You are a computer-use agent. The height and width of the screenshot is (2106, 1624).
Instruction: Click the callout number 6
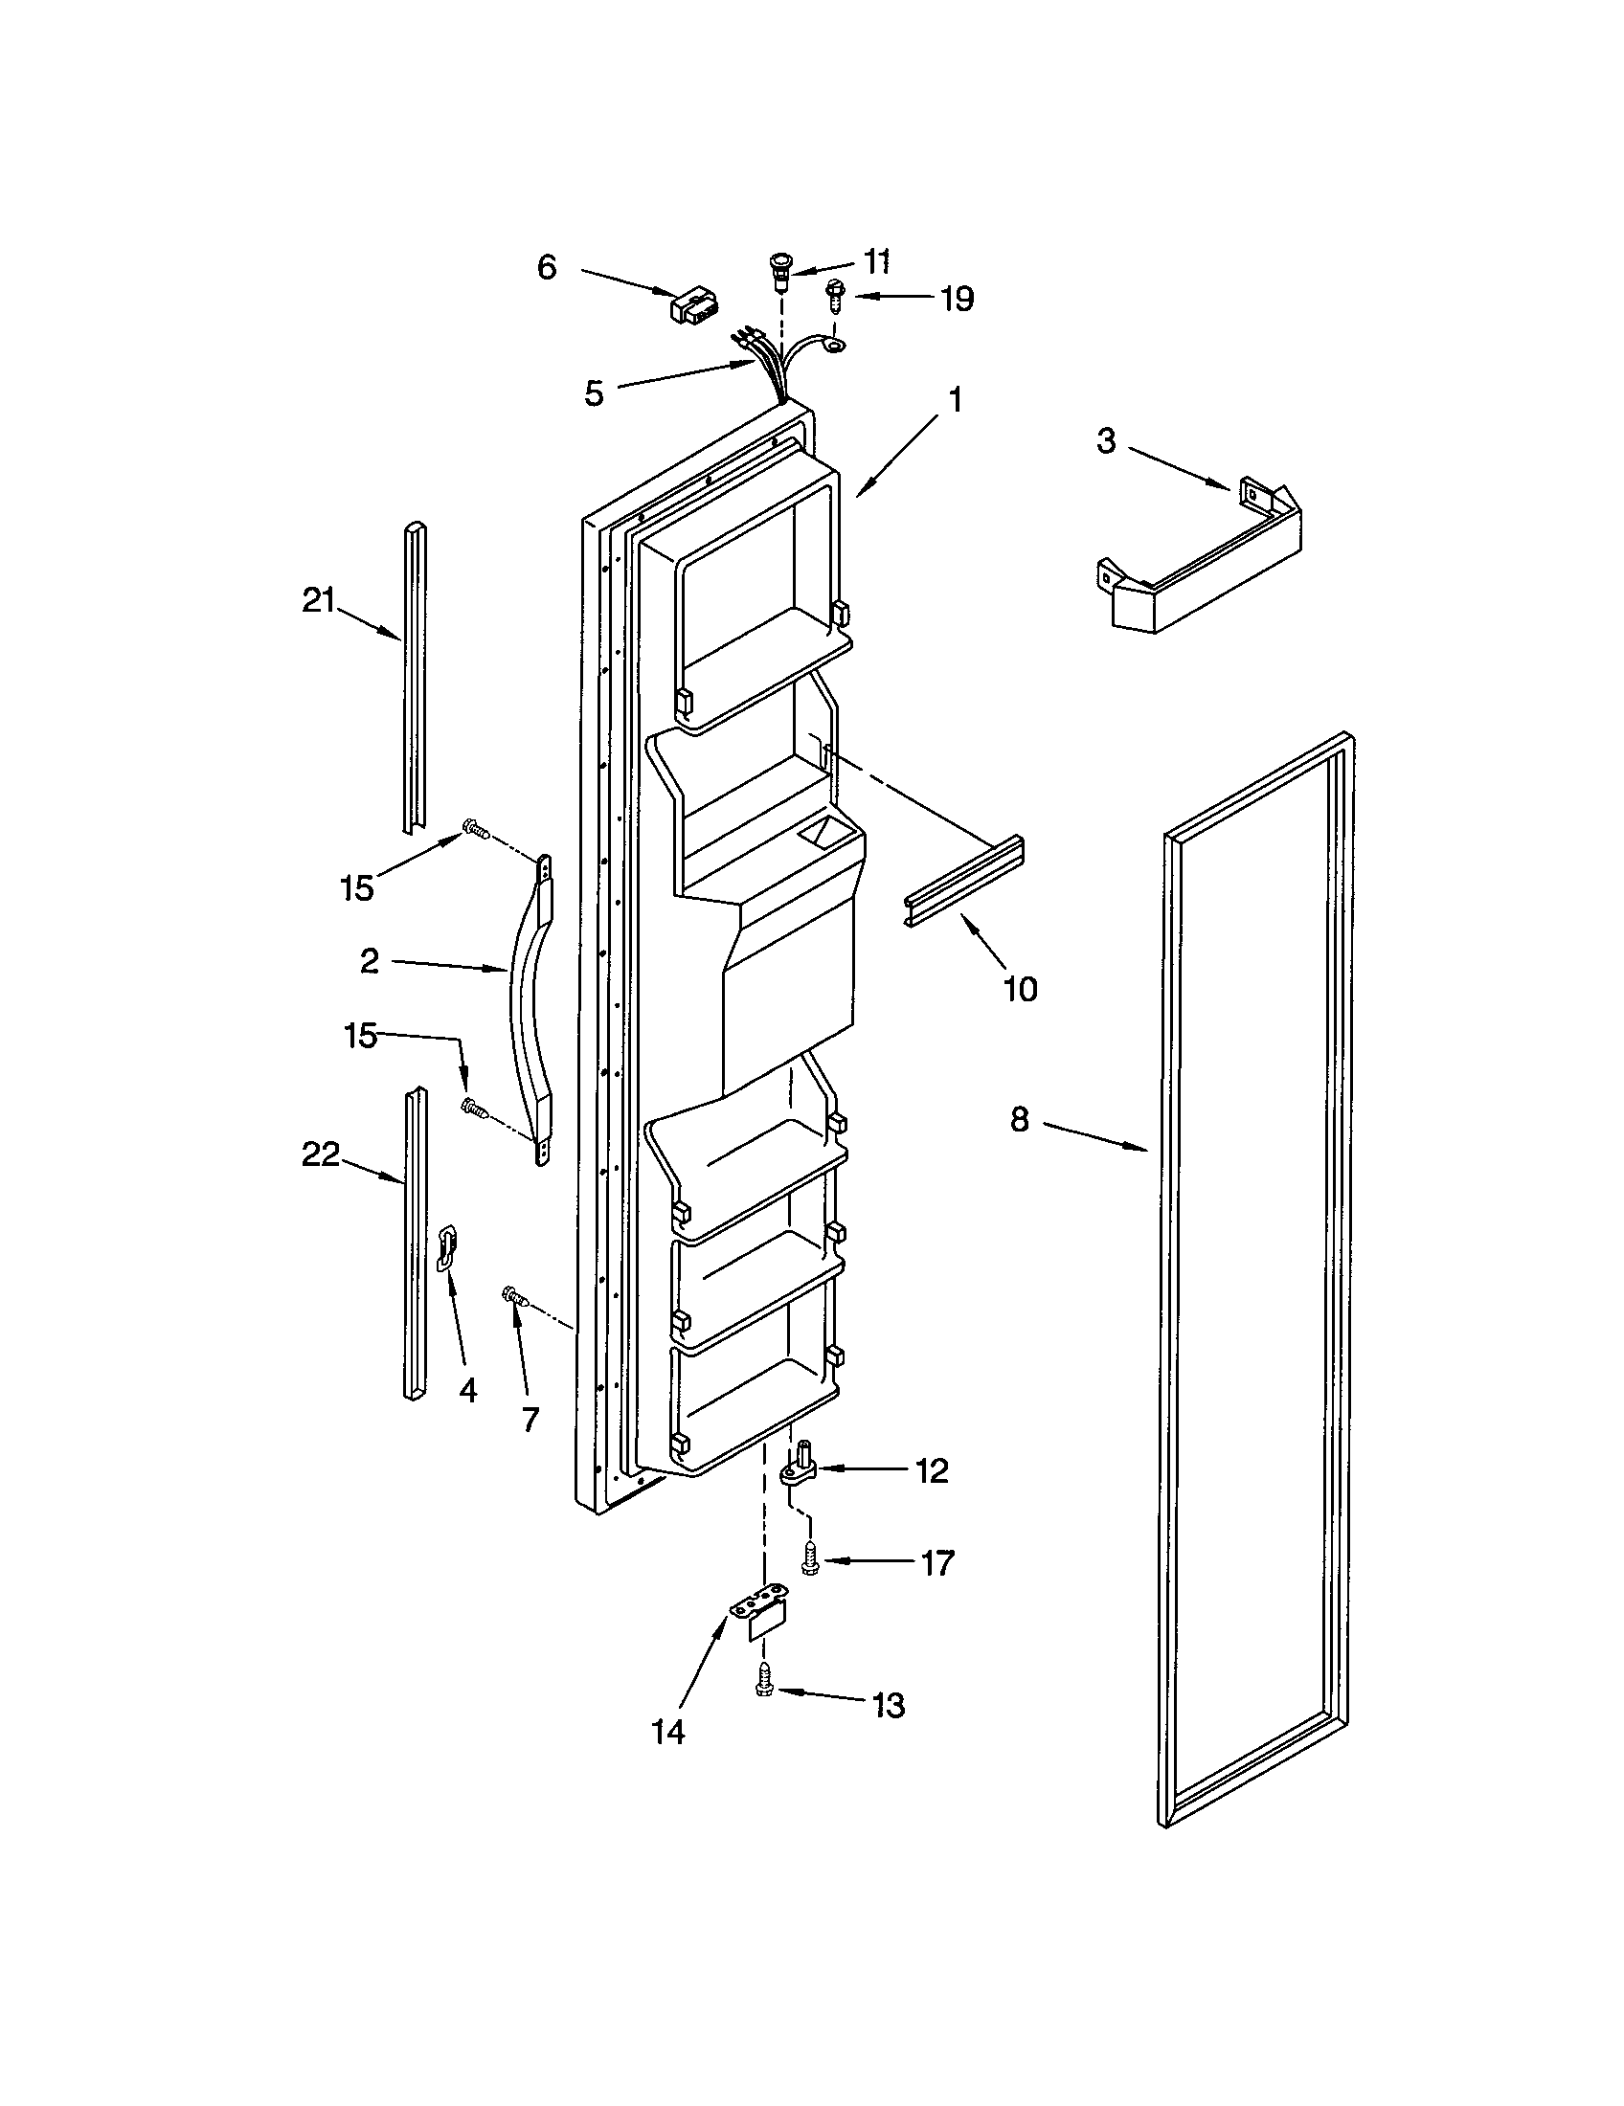(x=547, y=267)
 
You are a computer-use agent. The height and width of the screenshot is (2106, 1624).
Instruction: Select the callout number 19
(x=957, y=299)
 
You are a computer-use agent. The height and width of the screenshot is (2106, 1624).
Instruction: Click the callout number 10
(x=1021, y=989)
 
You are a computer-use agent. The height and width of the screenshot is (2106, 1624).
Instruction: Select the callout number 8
(x=1020, y=1120)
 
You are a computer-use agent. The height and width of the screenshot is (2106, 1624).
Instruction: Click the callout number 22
(x=321, y=1154)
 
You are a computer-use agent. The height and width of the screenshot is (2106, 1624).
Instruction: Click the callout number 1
(x=955, y=399)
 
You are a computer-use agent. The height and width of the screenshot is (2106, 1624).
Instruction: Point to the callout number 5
(x=594, y=392)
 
